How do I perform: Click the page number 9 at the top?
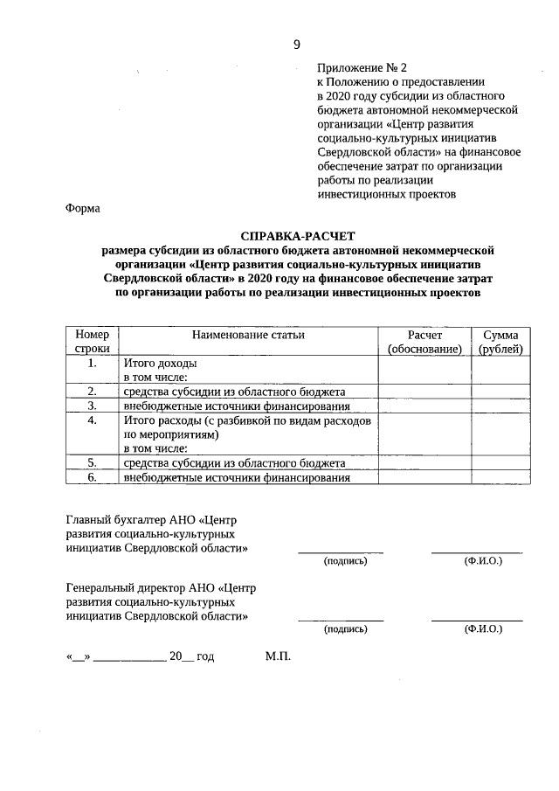297,45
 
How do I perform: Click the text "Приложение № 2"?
360,66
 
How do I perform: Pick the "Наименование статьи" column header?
249,336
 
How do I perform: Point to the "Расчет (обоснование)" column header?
424,342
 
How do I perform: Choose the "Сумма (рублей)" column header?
500,342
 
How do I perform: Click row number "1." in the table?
92,363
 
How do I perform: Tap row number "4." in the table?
92,420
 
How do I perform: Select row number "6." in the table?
92,478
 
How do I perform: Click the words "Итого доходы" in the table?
160,363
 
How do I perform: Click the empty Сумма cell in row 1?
500,370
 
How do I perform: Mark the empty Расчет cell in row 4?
424,434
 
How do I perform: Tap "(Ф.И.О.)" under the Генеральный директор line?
483,628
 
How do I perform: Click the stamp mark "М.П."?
277,656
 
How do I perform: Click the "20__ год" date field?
191,656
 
